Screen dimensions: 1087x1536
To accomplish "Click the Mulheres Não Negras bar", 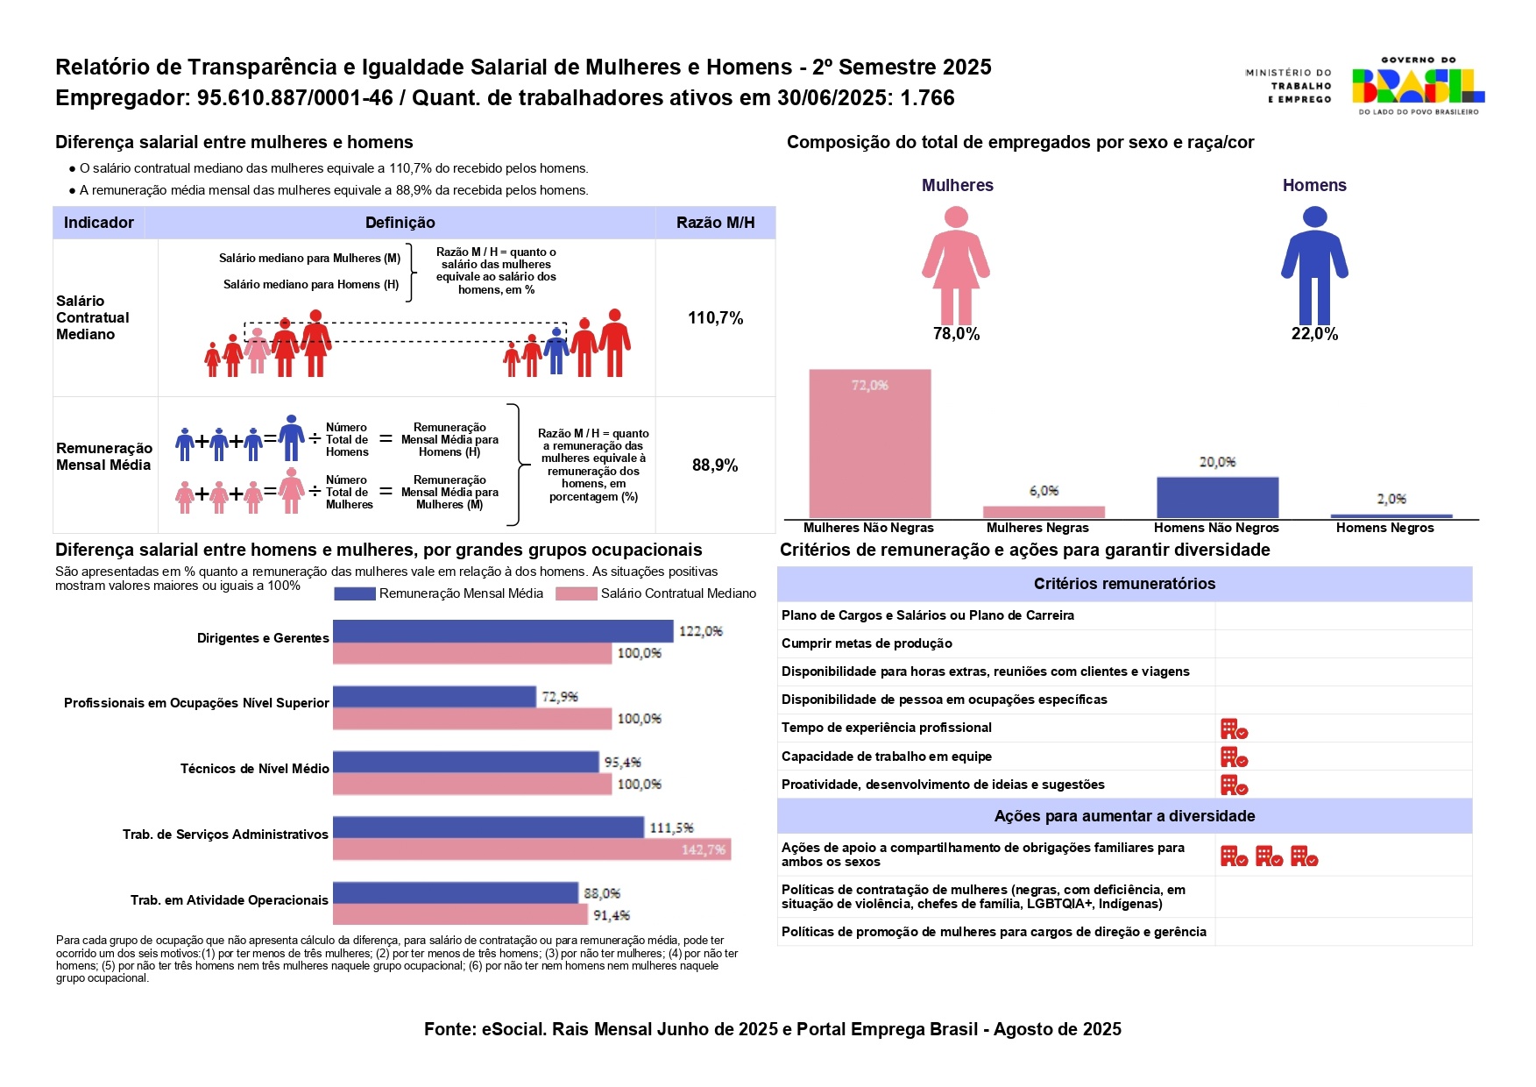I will (x=869, y=444).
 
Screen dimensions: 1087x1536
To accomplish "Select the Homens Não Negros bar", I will (x=1217, y=497).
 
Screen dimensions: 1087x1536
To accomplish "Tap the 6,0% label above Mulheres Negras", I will (x=1044, y=491).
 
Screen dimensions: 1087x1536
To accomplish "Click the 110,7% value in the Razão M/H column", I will (x=715, y=318).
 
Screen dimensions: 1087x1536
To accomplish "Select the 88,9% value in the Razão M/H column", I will (x=715, y=465).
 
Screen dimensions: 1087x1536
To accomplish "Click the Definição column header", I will (x=400, y=223).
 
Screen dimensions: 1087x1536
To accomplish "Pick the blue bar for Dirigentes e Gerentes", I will (x=503, y=631).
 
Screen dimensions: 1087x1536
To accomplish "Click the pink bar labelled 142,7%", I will (x=531, y=849).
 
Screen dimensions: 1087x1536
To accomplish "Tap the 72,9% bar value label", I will (x=560, y=697).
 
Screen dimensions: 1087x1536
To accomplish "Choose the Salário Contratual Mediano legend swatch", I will (x=577, y=593).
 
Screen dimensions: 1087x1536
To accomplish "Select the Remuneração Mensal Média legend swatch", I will (x=355, y=593).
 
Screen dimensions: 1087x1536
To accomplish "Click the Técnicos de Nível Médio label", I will (x=254, y=769).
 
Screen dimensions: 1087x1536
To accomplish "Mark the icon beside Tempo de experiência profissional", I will (x=1234, y=728).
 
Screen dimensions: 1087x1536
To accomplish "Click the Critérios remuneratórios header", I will (x=1124, y=584).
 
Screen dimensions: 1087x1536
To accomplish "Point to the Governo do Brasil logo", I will (x=1417, y=86).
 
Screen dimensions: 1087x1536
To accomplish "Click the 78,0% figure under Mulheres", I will (x=956, y=334).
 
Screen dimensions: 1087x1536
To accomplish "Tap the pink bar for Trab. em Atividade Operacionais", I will (x=460, y=915).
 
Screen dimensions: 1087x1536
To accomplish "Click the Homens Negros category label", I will (x=1384, y=528).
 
